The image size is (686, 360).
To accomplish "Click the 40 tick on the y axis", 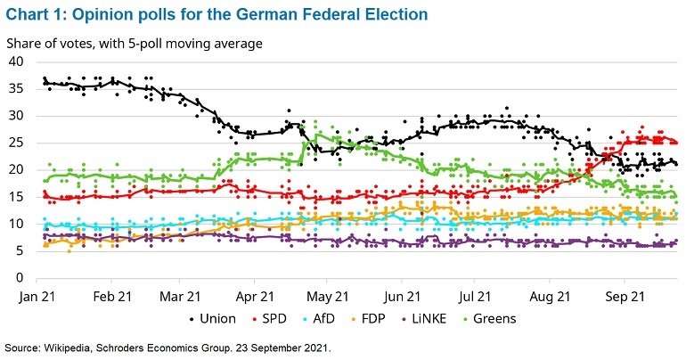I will (x=15, y=61).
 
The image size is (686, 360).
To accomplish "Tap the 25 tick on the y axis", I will (x=15, y=143).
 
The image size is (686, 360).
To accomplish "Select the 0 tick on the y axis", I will (x=19, y=278).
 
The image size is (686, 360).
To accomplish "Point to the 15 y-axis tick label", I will (x=15, y=197).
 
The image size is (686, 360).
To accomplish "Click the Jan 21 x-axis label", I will (x=40, y=295).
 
